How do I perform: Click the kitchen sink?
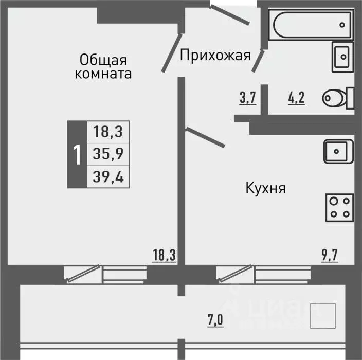click(x=337, y=151)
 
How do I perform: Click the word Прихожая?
click(x=215, y=55)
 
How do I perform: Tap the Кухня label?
click(x=265, y=188)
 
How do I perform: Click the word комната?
click(x=103, y=74)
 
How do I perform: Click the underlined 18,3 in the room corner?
click(x=164, y=254)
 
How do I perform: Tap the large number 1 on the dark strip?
click(x=77, y=154)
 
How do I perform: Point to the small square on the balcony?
click(x=323, y=316)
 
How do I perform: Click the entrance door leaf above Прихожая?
click(x=229, y=14)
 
